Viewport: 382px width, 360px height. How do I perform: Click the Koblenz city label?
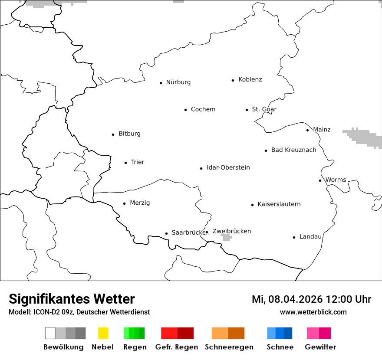(x=250, y=79)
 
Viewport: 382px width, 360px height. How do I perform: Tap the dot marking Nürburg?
(x=161, y=83)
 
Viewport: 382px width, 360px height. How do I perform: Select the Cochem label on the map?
(x=203, y=109)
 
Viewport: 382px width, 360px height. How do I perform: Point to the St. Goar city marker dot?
(x=247, y=110)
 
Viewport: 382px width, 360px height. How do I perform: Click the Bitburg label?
(x=129, y=134)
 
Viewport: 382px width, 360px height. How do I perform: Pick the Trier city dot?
(x=125, y=163)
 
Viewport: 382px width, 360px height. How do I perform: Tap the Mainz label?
(x=322, y=130)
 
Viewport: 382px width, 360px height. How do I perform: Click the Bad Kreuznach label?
(x=293, y=150)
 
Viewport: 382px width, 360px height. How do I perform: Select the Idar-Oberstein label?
(x=228, y=167)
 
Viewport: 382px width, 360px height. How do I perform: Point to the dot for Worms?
(x=320, y=180)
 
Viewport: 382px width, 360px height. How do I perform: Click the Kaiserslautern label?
(x=279, y=204)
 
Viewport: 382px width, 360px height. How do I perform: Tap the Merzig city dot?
(x=124, y=203)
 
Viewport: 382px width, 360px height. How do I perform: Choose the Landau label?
(x=310, y=237)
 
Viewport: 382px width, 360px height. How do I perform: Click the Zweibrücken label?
(x=232, y=231)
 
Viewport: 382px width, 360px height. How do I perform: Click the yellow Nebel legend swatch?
(x=103, y=333)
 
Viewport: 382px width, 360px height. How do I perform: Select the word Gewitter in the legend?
(x=320, y=347)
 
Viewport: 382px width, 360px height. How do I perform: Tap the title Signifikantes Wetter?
(x=72, y=299)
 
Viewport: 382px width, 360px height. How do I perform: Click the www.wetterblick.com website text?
(x=313, y=312)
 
